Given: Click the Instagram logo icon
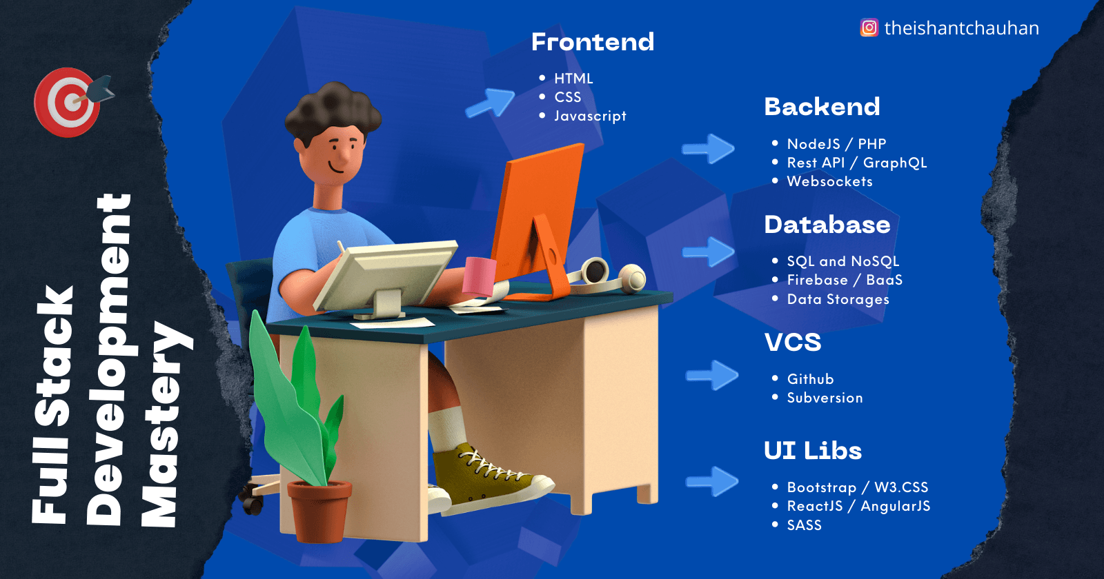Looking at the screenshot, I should (x=869, y=28).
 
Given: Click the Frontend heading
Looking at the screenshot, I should (x=593, y=42).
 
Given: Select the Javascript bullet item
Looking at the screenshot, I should (x=590, y=116).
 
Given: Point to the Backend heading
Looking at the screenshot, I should (x=822, y=107).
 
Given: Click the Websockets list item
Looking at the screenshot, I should (x=829, y=181).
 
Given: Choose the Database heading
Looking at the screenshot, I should (x=827, y=225).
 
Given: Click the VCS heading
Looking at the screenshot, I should (x=793, y=343).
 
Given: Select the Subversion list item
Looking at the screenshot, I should (x=825, y=398).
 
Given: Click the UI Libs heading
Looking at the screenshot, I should (x=813, y=451).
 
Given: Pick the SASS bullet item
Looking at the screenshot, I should (x=804, y=525).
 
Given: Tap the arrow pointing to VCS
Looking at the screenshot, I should (x=712, y=375).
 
